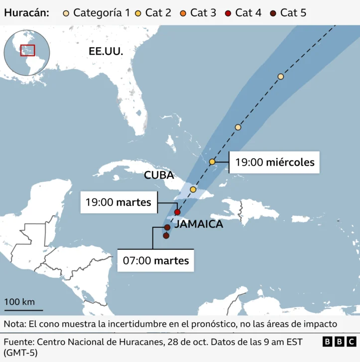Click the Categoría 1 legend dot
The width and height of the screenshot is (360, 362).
click(66, 12)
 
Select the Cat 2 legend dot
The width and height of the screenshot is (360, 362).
click(138, 12)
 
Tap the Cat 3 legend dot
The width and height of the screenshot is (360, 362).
click(183, 12)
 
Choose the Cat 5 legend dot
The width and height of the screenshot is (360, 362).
click(273, 12)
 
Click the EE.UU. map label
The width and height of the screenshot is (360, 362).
click(106, 51)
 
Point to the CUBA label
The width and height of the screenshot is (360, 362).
click(159, 175)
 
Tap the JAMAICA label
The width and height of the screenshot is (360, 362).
click(199, 224)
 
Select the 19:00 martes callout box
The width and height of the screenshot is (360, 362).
click(119, 202)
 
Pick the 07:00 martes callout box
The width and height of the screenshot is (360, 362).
click(156, 260)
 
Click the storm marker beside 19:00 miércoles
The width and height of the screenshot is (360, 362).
click(212, 162)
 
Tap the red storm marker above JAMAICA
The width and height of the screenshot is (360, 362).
click(177, 212)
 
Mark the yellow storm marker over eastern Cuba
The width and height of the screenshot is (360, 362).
click(193, 189)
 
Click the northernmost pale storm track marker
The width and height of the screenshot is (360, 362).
click(281, 77)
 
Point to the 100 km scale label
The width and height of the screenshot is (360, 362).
click(19, 302)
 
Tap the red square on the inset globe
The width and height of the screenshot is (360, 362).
click(27, 50)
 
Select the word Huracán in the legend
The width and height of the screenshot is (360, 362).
click(26, 12)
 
